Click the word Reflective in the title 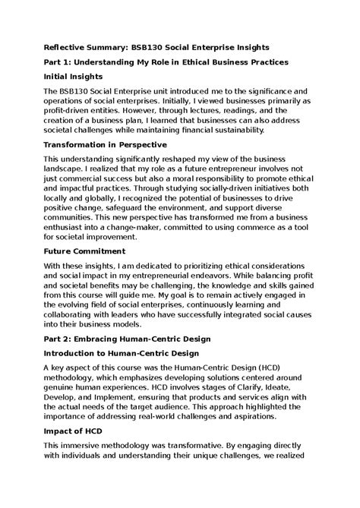(70, 46)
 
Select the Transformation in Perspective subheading (116, 144)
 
